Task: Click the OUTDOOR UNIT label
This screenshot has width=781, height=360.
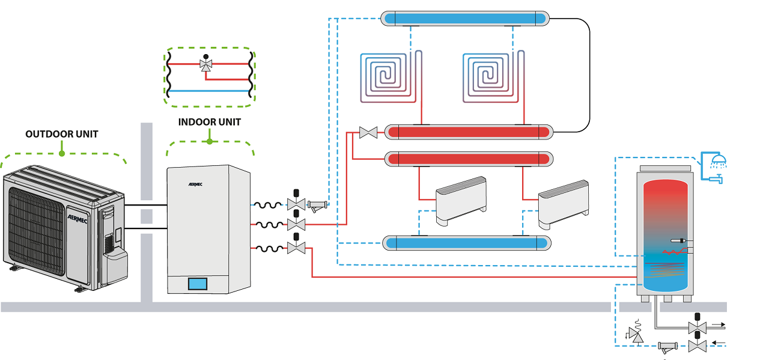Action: pyautogui.click(x=62, y=134)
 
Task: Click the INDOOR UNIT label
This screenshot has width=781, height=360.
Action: pyautogui.click(x=210, y=122)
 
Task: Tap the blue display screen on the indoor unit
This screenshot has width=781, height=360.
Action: pyautogui.click(x=197, y=283)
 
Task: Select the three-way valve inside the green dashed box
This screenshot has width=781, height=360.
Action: pyautogui.click(x=206, y=64)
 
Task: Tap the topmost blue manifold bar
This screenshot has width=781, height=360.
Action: pyautogui.click(x=466, y=19)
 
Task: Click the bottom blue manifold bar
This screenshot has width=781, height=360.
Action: pyautogui.click(x=467, y=243)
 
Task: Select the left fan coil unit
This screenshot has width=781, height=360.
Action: pyautogui.click(x=460, y=200)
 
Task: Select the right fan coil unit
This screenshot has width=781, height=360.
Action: pyautogui.click(x=562, y=203)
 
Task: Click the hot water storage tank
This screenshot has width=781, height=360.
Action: pyautogui.click(x=665, y=234)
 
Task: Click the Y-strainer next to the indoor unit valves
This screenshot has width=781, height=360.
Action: pyautogui.click(x=318, y=206)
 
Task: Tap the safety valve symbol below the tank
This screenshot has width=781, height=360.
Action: pyautogui.click(x=634, y=332)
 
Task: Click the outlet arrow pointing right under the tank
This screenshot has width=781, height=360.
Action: pyautogui.click(x=719, y=325)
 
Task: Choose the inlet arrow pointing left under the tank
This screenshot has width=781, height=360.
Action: pyautogui.click(x=719, y=344)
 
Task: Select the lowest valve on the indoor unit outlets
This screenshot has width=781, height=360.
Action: pyautogui.click(x=296, y=246)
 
